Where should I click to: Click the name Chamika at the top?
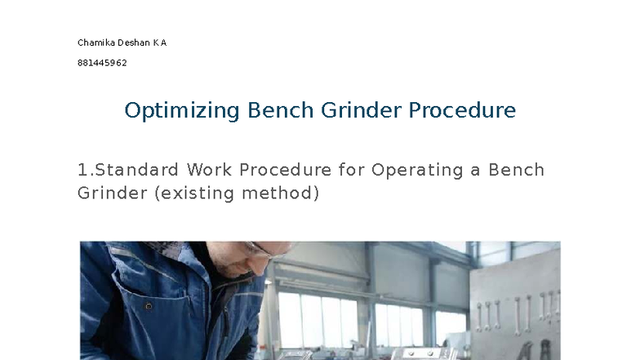click(96, 42)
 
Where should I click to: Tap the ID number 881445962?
click(102, 63)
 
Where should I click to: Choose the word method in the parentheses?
click(283, 193)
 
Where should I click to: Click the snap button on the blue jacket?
click(149, 307)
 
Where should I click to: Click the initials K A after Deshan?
click(160, 42)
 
